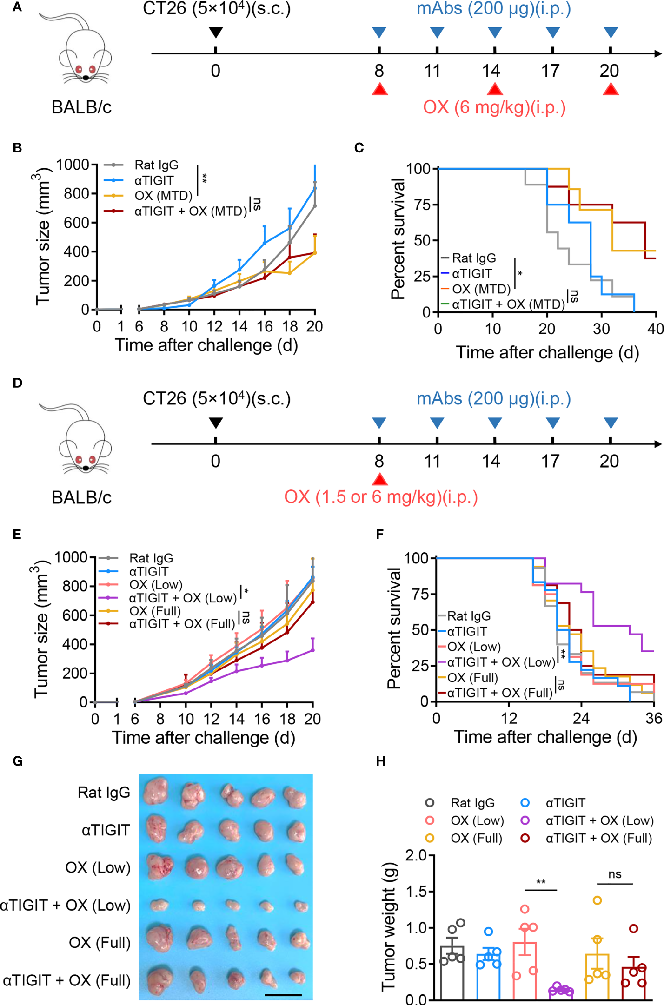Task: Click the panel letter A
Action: (17, 7)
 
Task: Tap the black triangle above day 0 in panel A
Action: (215, 32)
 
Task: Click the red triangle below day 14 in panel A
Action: (495, 88)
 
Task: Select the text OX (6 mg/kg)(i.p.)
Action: (494, 107)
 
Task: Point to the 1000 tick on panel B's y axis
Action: (73, 165)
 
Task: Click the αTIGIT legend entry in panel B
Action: (154, 180)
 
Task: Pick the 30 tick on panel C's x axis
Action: (601, 329)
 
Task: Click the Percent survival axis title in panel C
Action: (398, 239)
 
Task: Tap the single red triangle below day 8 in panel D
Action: (379, 479)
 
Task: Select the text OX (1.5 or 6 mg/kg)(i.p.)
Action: (381, 497)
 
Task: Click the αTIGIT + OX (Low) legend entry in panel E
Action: (183, 598)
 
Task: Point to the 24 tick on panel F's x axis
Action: (581, 719)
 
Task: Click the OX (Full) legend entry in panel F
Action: (472, 678)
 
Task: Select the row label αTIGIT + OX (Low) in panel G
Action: (66, 905)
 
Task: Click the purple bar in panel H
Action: (561, 994)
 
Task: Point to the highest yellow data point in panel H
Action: (597, 900)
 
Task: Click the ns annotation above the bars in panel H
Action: (615, 874)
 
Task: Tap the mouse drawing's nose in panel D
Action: (86, 468)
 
